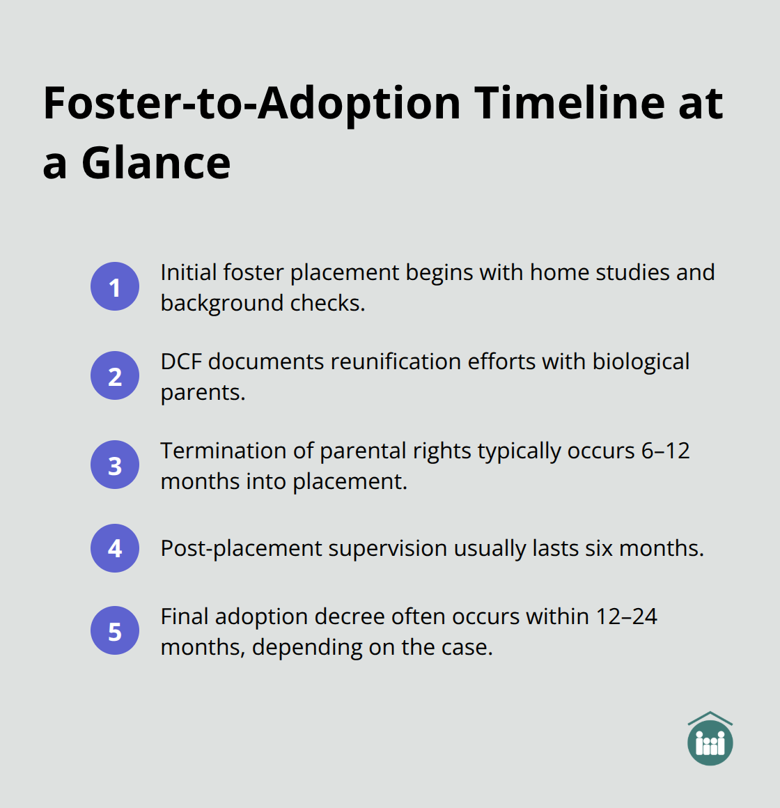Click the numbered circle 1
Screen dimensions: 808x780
pos(115,286)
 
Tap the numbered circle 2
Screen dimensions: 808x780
pos(115,375)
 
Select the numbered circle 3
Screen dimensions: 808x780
pos(115,465)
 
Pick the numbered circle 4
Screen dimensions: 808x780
pos(115,548)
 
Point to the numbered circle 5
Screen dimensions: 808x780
pos(115,631)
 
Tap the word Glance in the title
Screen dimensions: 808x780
pos(156,164)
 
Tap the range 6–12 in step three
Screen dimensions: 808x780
pos(665,451)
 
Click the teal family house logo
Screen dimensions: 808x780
pos(710,739)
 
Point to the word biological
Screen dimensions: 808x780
pos(641,362)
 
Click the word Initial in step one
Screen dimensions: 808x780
pos(187,272)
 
